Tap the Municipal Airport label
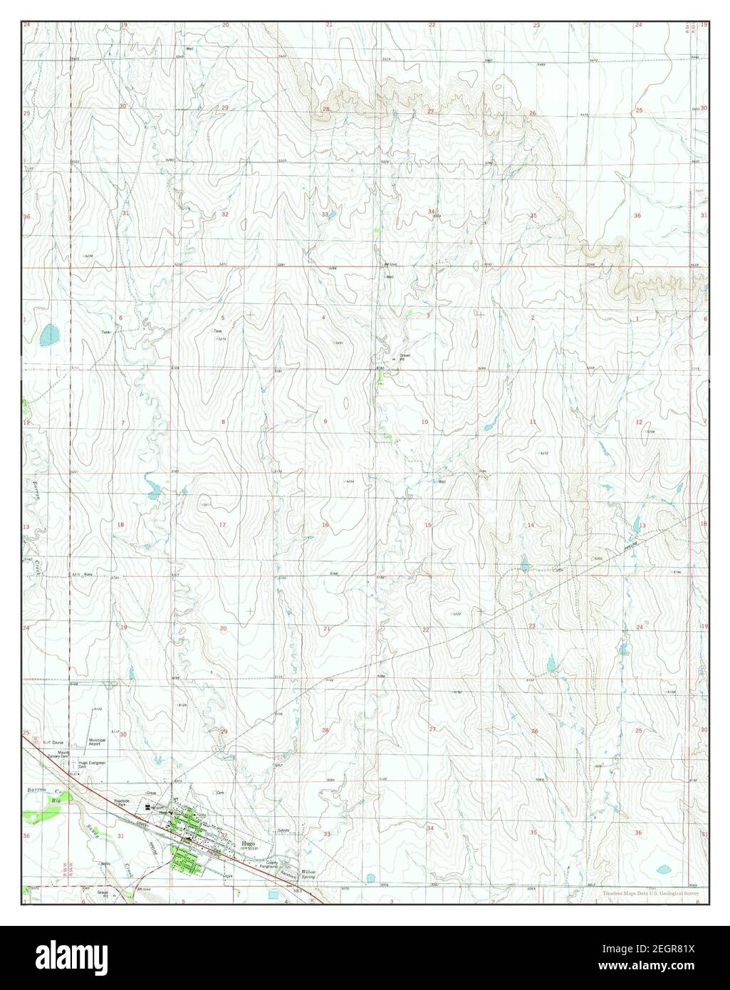[97, 743]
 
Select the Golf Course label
[53, 742]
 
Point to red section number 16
[325, 526]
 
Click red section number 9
[325, 422]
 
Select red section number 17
[223, 526]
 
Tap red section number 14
[531, 526]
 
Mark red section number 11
[532, 422]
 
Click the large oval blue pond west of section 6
[48, 333]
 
